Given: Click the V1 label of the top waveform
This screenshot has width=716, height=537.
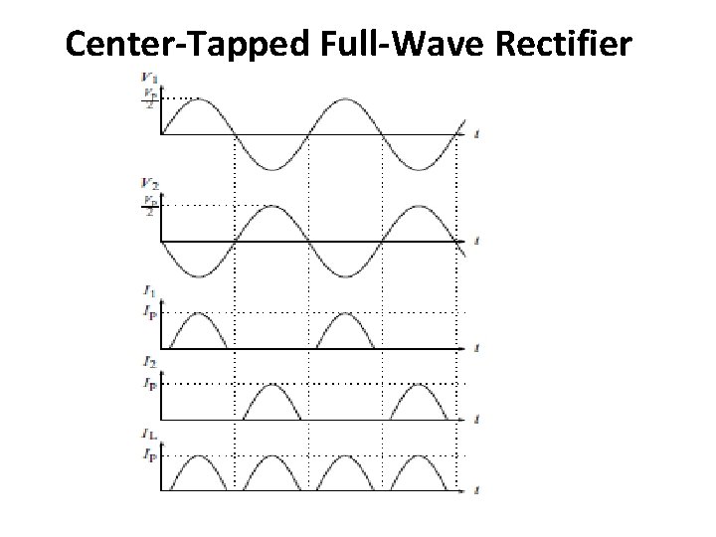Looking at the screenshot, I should (x=150, y=77).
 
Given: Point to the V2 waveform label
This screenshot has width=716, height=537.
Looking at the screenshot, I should (x=150, y=184).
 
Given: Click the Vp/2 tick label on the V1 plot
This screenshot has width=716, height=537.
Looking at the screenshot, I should (x=149, y=100).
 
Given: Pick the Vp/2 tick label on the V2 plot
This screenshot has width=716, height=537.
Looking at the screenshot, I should (x=149, y=208).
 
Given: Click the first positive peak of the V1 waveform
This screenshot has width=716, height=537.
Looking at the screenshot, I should (x=196, y=99).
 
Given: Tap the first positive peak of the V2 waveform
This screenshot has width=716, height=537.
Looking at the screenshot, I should (x=270, y=207).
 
